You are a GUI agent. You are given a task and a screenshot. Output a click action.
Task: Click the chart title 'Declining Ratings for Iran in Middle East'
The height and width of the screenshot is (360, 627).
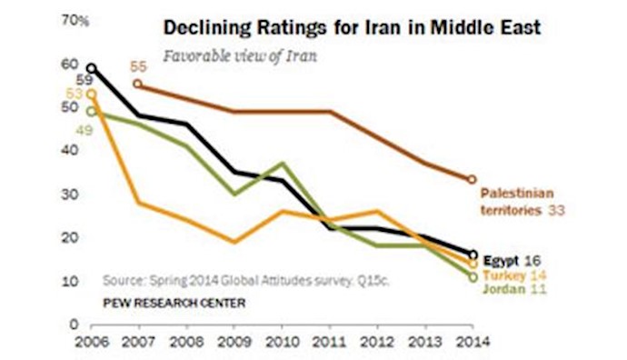tap(352, 27)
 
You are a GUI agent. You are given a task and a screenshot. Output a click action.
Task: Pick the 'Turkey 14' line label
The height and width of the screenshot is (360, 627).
tap(514, 275)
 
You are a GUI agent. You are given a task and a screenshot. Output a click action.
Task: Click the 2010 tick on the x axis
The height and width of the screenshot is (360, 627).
tap(282, 345)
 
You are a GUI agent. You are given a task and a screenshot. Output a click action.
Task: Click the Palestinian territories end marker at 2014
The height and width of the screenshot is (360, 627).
tap(472, 179)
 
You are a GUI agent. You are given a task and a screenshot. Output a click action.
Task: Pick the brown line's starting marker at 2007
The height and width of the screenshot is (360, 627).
tap(137, 84)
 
